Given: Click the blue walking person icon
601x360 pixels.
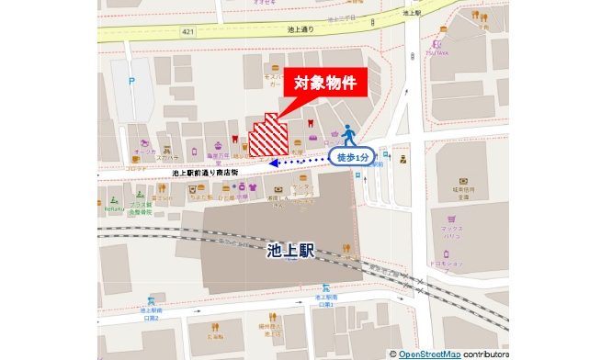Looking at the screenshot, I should point(348,136).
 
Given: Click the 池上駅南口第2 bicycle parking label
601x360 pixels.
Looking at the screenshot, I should point(151,313).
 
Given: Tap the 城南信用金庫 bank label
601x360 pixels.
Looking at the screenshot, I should point(462,194).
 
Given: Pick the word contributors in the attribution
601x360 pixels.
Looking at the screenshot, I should point(485,353).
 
